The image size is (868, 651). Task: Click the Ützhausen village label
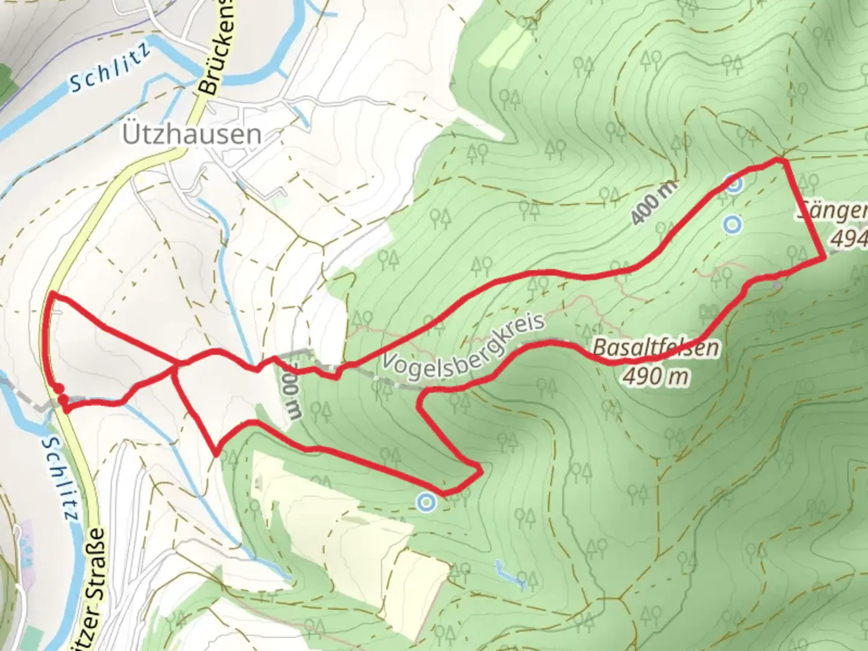tap(192, 134)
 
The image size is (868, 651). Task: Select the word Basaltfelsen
tap(656, 348)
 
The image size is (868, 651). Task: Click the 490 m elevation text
tap(656, 377)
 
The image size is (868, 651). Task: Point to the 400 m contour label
tap(653, 203)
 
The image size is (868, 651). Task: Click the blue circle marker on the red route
tap(733, 184)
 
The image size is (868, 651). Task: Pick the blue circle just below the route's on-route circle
tap(732, 225)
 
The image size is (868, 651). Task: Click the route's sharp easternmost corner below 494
tap(823, 258)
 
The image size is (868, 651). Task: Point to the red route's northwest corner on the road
tap(52, 293)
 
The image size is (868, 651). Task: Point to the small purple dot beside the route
tap(778, 284)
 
